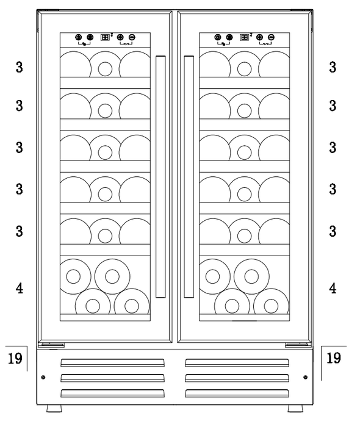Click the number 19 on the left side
[x=15, y=358]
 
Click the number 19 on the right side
[x=334, y=358]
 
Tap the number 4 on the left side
[x=20, y=289]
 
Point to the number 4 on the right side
[x=333, y=289]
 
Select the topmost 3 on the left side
[x=20, y=67]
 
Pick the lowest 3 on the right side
[x=333, y=231]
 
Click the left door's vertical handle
[x=160, y=177]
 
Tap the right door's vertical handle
[x=189, y=177]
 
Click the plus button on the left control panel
[x=120, y=37]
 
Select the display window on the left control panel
[x=105, y=37]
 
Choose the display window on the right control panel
[x=244, y=37]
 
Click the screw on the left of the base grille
[x=43, y=378]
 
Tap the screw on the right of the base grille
[x=305, y=378]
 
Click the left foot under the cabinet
[x=54, y=408]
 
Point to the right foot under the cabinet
[x=295, y=408]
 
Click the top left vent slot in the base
[x=112, y=363]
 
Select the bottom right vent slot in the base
[x=237, y=393]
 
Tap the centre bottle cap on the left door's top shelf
[x=105, y=69]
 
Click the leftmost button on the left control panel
[x=79, y=37]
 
